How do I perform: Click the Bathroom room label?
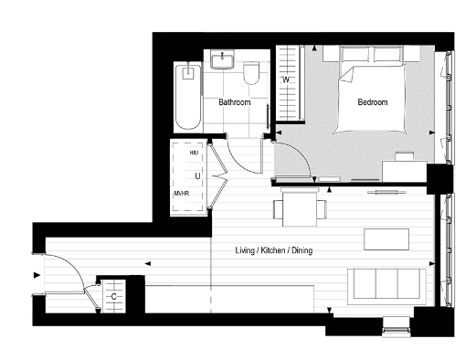click(x=234, y=102)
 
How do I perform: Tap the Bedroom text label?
click(x=372, y=102)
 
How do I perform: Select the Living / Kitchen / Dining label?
click(x=273, y=250)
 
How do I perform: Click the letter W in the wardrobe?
click(x=286, y=80)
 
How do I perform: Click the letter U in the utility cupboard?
click(x=196, y=174)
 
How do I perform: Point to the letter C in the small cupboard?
click(x=113, y=296)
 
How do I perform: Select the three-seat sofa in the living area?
click(x=384, y=285)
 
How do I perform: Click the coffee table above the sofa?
click(x=386, y=238)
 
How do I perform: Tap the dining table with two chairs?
click(x=299, y=207)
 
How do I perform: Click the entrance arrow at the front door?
click(x=37, y=274)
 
